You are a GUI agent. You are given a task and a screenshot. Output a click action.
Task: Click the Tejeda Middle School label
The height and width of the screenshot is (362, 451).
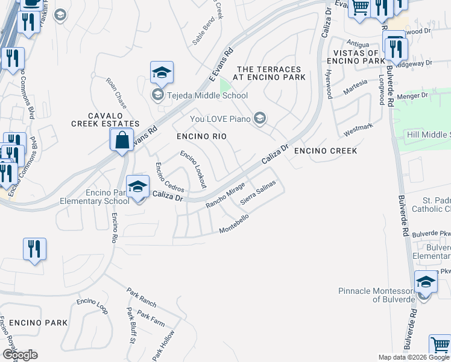[206, 95]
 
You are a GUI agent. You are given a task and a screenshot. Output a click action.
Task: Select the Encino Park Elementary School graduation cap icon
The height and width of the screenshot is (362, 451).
[138, 186]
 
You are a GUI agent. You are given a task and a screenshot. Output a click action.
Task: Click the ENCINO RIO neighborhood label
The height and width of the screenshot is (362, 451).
[201, 137]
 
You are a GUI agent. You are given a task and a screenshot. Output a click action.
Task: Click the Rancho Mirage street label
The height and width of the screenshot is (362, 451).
[225, 195]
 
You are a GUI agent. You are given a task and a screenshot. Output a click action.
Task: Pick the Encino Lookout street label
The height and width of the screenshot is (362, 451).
[193, 170]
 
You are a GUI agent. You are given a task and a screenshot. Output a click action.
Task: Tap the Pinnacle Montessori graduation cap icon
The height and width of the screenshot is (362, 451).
[426, 282]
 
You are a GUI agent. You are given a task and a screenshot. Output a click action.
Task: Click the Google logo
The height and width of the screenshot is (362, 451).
[19, 355]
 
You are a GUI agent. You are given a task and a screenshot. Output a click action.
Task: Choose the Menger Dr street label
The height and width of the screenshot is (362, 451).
[415, 95]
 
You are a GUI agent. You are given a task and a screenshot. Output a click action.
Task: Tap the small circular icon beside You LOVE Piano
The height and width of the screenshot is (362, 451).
[260, 118]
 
